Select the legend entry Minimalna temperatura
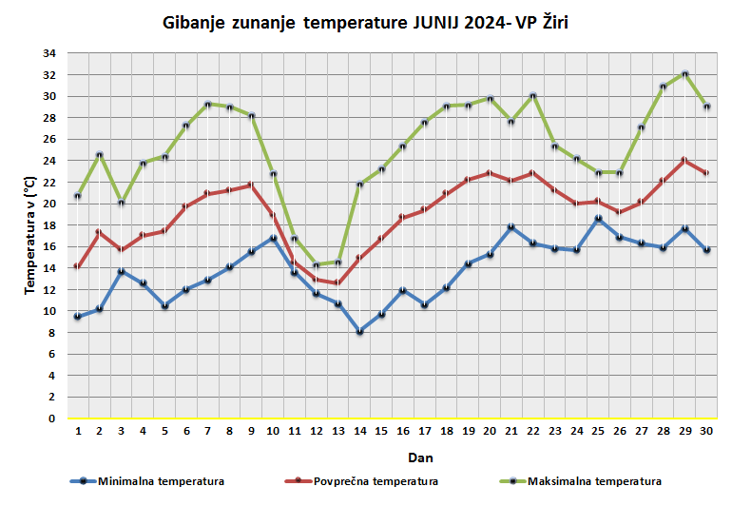161,481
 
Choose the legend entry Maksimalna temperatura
594,481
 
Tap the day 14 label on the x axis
359,432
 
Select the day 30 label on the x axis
706,432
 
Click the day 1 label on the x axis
77,432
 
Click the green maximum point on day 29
684,73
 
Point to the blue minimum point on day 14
359,332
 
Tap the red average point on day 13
337,283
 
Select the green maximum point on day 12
316,264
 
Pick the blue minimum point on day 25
598,219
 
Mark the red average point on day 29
684,160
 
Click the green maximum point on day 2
99,155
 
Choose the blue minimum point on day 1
77,317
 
